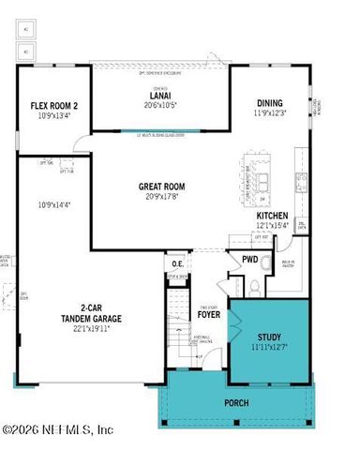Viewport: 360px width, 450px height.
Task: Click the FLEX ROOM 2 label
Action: click(x=54, y=106)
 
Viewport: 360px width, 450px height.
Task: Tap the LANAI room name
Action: click(x=161, y=96)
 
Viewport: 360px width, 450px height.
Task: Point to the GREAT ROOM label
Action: click(x=161, y=187)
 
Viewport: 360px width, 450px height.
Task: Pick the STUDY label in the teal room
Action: click(x=269, y=337)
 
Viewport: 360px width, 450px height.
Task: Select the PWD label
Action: click(x=250, y=260)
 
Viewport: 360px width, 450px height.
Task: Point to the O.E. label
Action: click(x=177, y=263)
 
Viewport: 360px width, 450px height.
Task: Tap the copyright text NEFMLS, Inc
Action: click(x=58, y=429)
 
